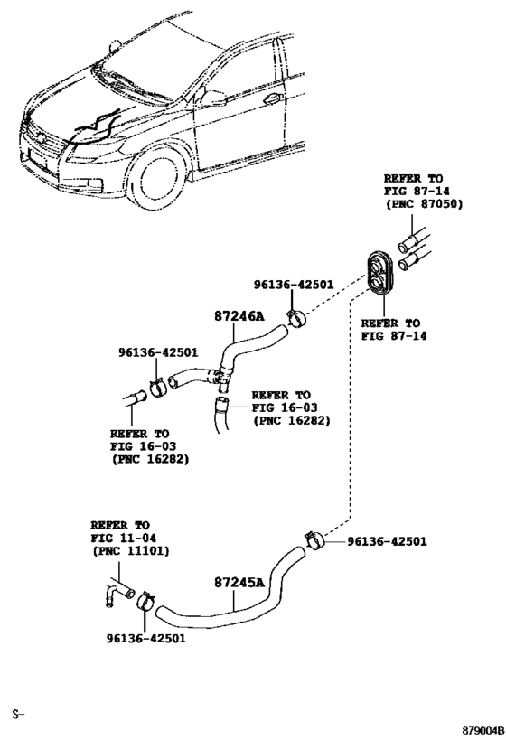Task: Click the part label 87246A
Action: coord(239,315)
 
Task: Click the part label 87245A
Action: coord(239,583)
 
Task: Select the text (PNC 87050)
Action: coord(425,204)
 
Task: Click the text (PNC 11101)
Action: coord(131,550)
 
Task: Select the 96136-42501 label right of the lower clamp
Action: coord(387,541)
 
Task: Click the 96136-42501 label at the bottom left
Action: coord(145,638)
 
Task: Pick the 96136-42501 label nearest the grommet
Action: coord(294,285)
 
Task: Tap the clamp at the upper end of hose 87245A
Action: coord(314,539)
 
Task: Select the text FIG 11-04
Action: coord(123,538)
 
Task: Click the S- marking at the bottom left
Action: coord(18,715)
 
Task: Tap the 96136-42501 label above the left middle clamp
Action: coord(158,352)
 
